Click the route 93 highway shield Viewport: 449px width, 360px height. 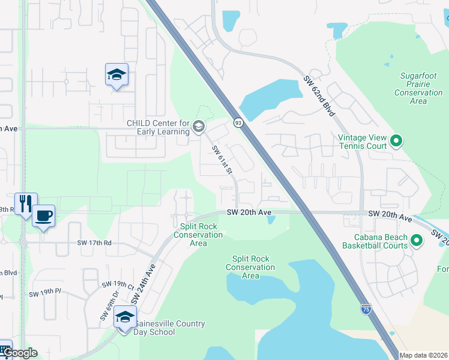pos(238,122)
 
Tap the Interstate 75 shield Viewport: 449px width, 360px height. pos(366,309)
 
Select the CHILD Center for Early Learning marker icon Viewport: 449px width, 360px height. pos(199,127)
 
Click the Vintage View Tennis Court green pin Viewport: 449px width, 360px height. pos(396,142)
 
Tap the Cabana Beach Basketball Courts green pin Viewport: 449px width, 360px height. pos(417,241)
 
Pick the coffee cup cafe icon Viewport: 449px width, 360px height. pos(44,216)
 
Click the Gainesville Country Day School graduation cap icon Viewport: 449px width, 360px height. pos(125,317)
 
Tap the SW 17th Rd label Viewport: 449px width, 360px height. pos(94,243)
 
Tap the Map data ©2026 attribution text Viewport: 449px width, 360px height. pos(423,355)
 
